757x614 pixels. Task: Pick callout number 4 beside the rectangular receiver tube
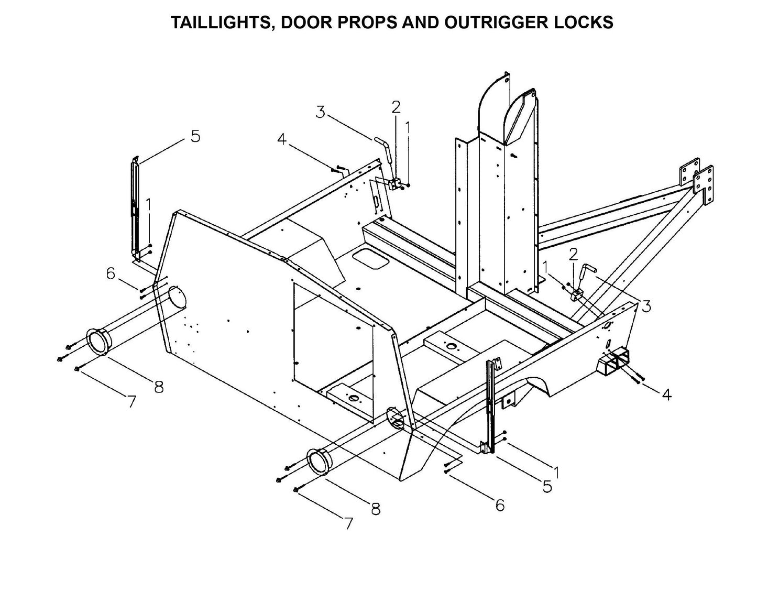[x=666, y=394]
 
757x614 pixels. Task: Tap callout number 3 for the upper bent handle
[x=321, y=112]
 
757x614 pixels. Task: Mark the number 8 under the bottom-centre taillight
[x=376, y=508]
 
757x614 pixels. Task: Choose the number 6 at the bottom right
[x=500, y=505]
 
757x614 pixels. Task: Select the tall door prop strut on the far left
[x=134, y=210]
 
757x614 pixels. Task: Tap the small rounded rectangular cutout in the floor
[x=370, y=258]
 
